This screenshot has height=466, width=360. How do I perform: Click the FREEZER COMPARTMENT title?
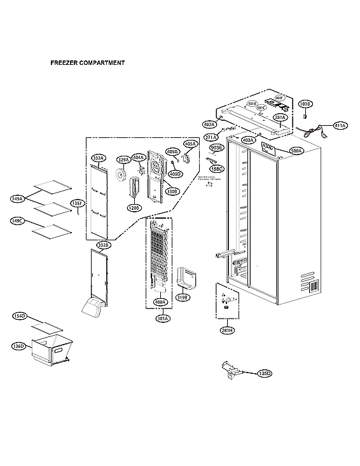click(x=87, y=64)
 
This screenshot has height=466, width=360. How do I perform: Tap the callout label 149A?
click(x=17, y=199)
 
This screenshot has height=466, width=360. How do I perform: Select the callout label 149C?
click(x=17, y=221)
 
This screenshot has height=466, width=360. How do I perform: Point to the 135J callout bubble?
click(x=76, y=203)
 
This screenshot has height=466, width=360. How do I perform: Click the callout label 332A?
click(x=98, y=158)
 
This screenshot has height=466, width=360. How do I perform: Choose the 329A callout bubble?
click(x=123, y=160)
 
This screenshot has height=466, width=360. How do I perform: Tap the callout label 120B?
click(x=134, y=207)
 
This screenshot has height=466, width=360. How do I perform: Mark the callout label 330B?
click(x=172, y=191)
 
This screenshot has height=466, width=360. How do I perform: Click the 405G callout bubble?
click(x=172, y=152)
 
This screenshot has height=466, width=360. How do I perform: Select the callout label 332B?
click(x=103, y=245)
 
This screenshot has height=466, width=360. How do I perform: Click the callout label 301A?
click(x=163, y=318)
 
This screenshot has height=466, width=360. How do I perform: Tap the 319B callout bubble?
click(x=183, y=296)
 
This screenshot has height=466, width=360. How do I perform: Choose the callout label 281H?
click(x=228, y=330)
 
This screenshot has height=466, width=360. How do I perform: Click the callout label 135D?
click(x=264, y=373)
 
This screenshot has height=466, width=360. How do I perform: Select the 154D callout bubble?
click(x=19, y=316)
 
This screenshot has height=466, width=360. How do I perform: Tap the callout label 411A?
click(x=340, y=126)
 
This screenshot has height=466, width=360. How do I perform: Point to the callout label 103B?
click(x=305, y=104)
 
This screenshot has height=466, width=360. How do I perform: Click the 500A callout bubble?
click(x=296, y=151)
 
